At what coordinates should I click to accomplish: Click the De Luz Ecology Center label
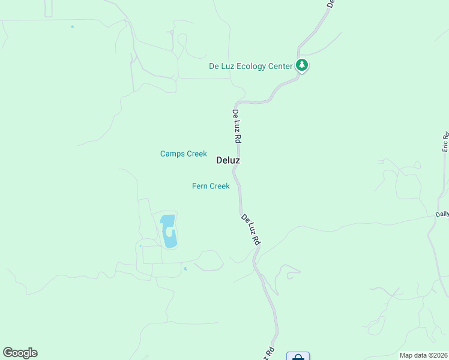click(x=250, y=66)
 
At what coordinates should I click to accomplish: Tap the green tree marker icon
click(x=302, y=65)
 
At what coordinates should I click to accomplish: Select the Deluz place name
click(x=228, y=161)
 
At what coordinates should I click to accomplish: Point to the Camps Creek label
click(x=183, y=154)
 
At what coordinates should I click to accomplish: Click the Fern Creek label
click(x=211, y=187)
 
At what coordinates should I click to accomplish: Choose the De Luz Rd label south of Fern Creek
click(x=251, y=229)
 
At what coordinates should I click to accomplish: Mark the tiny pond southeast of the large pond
click(x=185, y=269)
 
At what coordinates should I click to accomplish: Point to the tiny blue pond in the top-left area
click(x=72, y=26)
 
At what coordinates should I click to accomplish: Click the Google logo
click(x=20, y=353)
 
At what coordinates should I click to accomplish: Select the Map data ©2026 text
click(x=423, y=355)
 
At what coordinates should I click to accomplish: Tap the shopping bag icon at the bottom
click(x=298, y=357)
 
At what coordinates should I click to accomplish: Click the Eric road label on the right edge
click(x=445, y=142)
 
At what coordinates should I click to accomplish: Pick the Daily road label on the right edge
click(x=442, y=214)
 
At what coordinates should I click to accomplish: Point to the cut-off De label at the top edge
click(x=330, y=3)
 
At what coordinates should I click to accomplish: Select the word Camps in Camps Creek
click(x=172, y=154)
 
